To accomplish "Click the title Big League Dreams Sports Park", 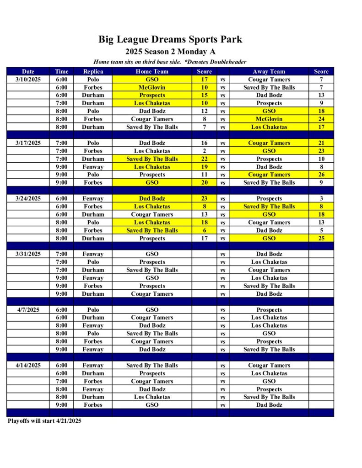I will pos(170,39).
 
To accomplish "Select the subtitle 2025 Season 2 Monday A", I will pos(170,52).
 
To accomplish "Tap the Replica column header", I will pos(93,71).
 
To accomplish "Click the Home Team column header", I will pos(152,71).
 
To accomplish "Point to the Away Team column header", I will pos(269,71).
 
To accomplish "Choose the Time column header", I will pos(61,71).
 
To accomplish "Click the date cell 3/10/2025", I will pos(28,80).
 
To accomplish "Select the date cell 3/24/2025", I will pos(28,198).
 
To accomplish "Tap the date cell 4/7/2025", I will pos(28,309).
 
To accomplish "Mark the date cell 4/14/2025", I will pos(28,365).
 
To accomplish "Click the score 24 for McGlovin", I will pos(321,119).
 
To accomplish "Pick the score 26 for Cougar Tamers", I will pos(321,175).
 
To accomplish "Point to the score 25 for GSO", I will pos(321,238).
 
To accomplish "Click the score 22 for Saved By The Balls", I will pos(204,159).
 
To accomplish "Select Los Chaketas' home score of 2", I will pos(204,151).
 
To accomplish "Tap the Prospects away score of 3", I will pos(321,198).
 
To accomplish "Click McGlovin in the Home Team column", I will pos(152,87).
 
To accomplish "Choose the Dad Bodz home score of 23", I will pos(204,198).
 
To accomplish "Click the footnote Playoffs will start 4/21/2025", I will pos(44,421).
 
